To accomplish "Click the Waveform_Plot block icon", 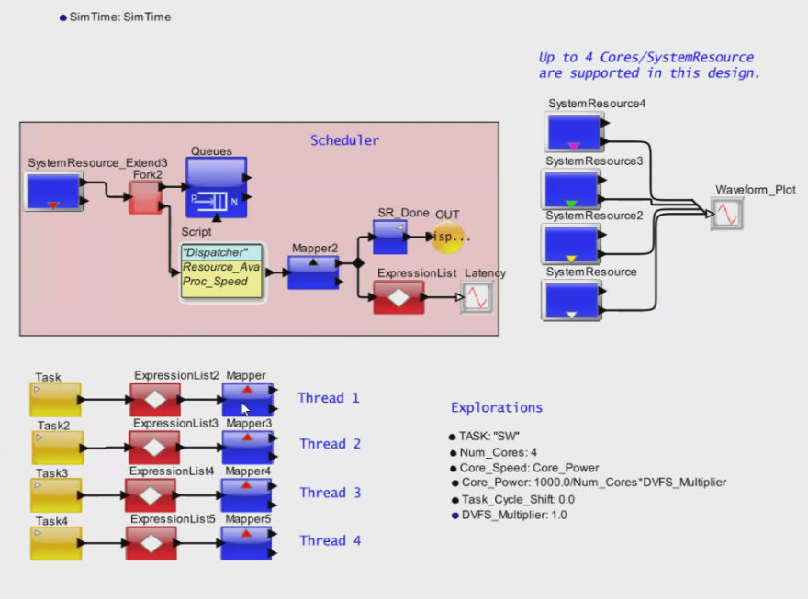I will click(x=727, y=214).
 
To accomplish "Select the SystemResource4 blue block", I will click(x=573, y=132).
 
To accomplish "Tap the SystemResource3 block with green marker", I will click(x=571, y=189).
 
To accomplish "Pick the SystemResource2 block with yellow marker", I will click(x=571, y=244).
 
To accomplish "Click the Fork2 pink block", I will click(x=144, y=196).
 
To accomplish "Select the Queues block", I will click(x=217, y=187).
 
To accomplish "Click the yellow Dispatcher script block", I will click(x=221, y=272).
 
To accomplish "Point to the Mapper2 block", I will click(x=313, y=272).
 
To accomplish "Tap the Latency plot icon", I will click(x=477, y=298).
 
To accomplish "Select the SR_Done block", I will click(x=390, y=237).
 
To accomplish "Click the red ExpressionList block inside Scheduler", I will click(x=398, y=297).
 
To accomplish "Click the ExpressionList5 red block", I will click(x=150, y=543).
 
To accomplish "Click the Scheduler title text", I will click(x=344, y=140).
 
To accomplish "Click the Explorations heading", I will click(x=497, y=407).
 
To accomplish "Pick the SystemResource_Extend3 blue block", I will click(x=53, y=192).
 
